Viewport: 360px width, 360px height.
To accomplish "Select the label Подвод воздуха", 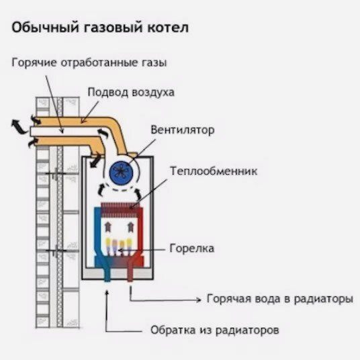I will pos(131,92).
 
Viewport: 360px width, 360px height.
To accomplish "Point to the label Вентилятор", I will pos(182,130).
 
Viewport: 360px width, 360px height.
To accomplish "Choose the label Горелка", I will pos(191,249).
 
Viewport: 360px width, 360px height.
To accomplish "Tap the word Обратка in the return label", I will pos(169,331).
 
